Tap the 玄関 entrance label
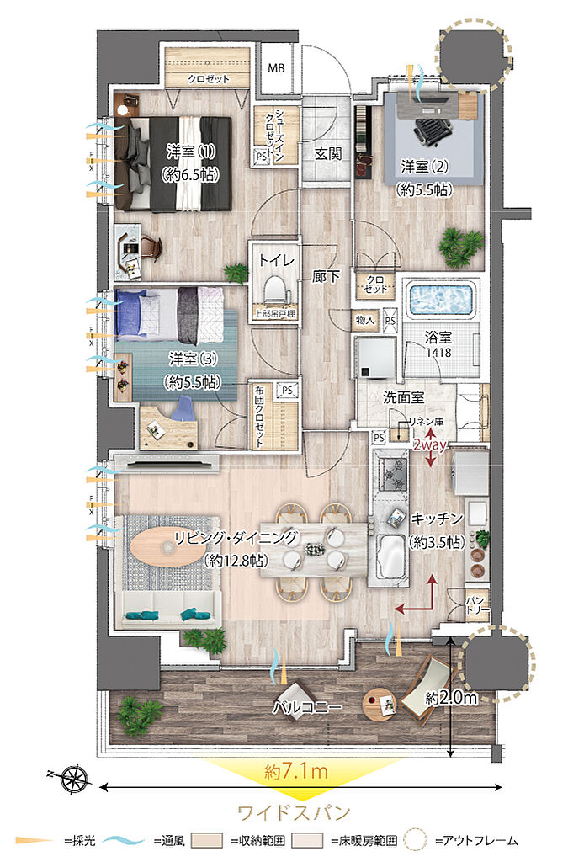tap(327, 154)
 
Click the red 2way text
tap(428, 445)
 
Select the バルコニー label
tap(306, 707)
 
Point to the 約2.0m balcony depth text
tap(452, 698)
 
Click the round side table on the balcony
tap(380, 704)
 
